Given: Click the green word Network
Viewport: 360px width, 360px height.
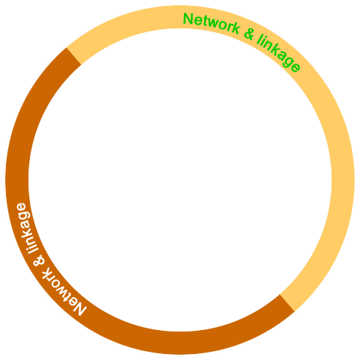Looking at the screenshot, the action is pos(211,22).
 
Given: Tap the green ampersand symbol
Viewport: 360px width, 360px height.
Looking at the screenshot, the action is pos(249,34).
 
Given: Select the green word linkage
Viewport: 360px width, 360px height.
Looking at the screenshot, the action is pos(278,53).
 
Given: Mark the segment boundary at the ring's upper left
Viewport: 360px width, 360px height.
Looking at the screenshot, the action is pos(74,56).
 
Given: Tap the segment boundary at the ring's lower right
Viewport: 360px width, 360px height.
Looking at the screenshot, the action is pos(287,303).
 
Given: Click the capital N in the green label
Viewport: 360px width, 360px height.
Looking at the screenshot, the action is pos(188,19).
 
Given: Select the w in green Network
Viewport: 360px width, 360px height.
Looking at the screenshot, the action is pos(216,24).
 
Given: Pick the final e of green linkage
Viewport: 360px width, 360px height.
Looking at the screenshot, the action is pos(295,67).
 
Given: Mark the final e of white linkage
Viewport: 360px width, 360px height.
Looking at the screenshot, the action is pos(21,207).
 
